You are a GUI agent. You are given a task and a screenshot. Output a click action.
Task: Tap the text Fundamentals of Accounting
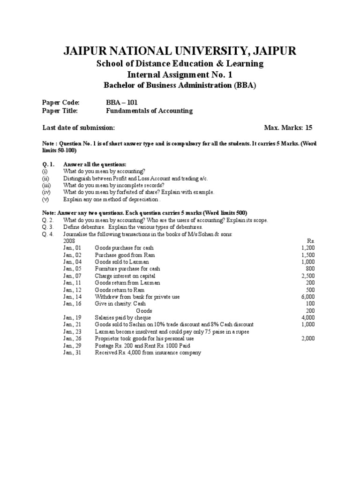[150, 111]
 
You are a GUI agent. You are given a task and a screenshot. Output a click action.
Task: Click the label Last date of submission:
[78, 127]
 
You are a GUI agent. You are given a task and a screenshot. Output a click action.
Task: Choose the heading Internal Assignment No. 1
[180, 75]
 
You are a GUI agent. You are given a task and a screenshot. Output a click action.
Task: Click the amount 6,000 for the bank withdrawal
[308, 297]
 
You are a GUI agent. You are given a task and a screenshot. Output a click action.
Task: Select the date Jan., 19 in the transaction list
[72, 317]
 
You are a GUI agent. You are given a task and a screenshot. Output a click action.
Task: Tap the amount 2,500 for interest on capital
[308, 276]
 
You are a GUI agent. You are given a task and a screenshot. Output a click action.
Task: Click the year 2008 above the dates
[69, 241]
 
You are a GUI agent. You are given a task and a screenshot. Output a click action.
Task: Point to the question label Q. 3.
[48, 227]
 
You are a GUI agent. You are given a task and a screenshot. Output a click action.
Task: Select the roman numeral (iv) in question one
[46, 192]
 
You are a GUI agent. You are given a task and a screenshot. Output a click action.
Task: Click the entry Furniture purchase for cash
[127, 269]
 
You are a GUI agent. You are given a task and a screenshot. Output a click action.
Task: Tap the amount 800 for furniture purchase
[310, 269]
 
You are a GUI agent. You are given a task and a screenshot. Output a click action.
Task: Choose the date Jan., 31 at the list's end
[72, 352]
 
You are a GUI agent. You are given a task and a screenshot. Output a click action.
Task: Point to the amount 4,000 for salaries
[308, 317]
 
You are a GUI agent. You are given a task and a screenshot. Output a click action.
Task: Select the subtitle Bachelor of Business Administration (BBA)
[180, 85]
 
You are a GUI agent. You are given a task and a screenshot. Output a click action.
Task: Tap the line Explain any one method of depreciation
[111, 199]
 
